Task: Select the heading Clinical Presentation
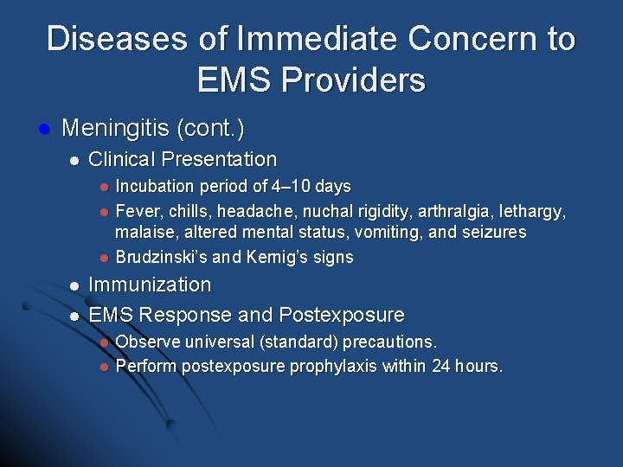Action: pos(183,160)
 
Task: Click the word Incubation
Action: pos(156,186)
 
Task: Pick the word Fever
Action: pos(135,210)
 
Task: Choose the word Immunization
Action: pos(150,285)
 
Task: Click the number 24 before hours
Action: pos(440,366)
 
